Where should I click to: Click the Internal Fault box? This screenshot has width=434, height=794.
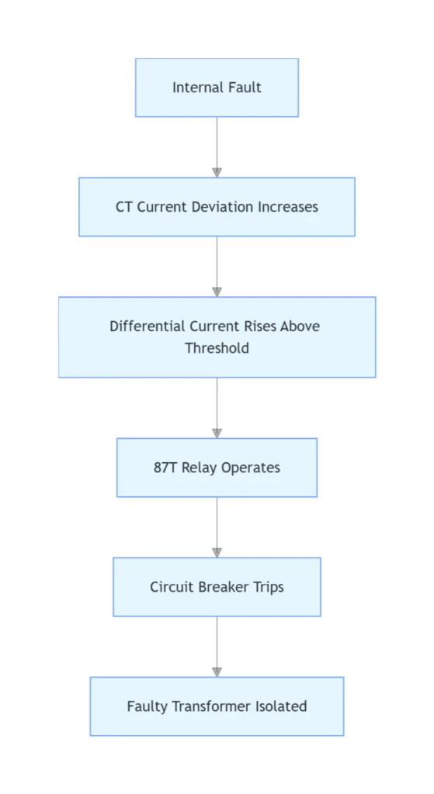click(x=217, y=88)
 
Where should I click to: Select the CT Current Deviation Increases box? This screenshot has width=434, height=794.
click(x=217, y=206)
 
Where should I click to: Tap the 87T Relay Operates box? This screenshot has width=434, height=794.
click(x=217, y=468)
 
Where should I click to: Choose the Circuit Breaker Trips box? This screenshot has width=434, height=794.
click(x=217, y=587)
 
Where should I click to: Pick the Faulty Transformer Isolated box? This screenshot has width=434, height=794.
click(x=217, y=706)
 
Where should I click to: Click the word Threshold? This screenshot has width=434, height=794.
click(x=217, y=348)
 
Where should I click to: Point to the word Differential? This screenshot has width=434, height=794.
click(x=148, y=326)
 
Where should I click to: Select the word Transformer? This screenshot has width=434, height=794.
click(x=218, y=706)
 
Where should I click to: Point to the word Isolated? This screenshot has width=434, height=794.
click(x=287, y=706)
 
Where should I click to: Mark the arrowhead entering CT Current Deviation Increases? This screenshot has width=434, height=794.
click(x=217, y=173)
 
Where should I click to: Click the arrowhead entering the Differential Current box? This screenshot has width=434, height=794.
click(x=217, y=292)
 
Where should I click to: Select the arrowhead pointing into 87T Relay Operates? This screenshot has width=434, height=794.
click(x=217, y=433)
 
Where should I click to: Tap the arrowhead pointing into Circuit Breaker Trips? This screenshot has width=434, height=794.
click(x=217, y=553)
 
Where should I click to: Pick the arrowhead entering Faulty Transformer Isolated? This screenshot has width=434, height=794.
click(x=217, y=672)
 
